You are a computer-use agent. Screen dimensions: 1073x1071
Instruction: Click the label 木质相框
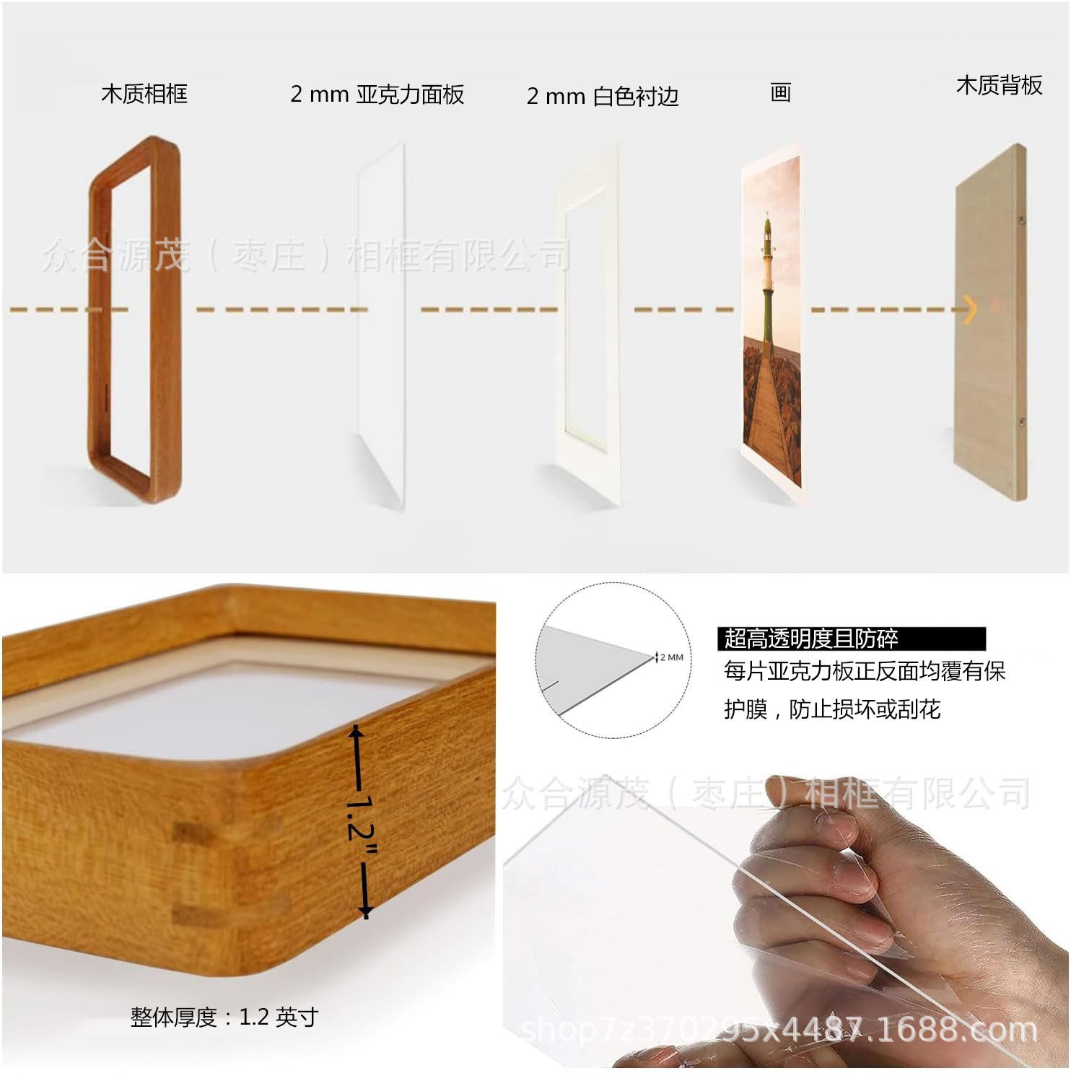(144, 94)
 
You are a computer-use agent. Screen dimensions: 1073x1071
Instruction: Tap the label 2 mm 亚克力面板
(377, 95)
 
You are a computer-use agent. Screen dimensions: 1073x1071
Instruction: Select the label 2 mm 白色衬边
(603, 96)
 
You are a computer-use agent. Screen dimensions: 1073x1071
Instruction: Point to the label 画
(780, 92)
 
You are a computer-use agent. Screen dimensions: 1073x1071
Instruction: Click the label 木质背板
(999, 85)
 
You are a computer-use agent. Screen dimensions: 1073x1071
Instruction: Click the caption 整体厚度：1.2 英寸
(224, 1017)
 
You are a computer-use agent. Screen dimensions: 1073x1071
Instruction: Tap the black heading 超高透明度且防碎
(811, 639)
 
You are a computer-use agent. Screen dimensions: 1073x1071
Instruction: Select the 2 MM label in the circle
(671, 657)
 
